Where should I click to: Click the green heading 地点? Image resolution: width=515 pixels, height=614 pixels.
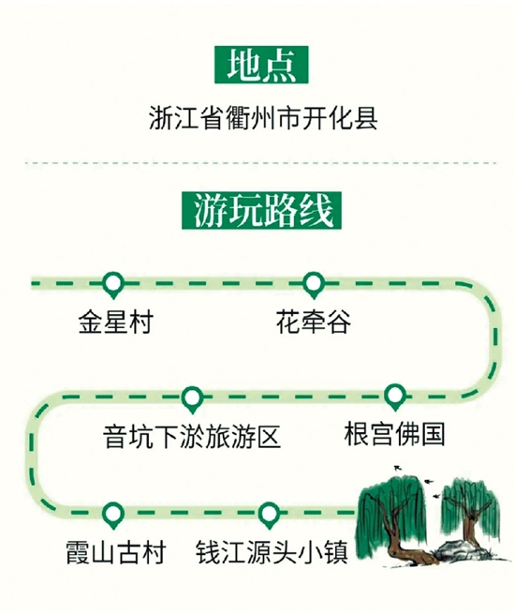261,65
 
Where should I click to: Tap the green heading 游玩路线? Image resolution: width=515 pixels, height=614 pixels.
261,210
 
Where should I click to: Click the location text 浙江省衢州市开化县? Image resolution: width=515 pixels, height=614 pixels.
263,117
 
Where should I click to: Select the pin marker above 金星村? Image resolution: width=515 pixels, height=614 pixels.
113,285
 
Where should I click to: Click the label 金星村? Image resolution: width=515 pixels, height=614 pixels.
116,322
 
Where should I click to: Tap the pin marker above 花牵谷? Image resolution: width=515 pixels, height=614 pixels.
314,285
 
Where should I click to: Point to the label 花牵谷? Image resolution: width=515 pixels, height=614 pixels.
314,322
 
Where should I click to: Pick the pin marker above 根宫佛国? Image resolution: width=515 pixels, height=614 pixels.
395,397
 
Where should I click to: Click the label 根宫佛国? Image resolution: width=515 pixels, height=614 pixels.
394,434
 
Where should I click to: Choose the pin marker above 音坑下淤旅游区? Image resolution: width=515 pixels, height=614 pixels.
192,399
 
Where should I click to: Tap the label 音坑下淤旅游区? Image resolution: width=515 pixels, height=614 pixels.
192,437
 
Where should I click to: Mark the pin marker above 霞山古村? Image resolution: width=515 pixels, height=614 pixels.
113,515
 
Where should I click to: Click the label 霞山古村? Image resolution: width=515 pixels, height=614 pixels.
116,552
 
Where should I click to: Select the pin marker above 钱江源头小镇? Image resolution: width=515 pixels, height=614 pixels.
269,515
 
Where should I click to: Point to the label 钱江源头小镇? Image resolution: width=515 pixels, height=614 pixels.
272,552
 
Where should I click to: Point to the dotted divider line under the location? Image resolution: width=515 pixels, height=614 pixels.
261,162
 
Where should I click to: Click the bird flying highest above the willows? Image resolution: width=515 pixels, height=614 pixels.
398,467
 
